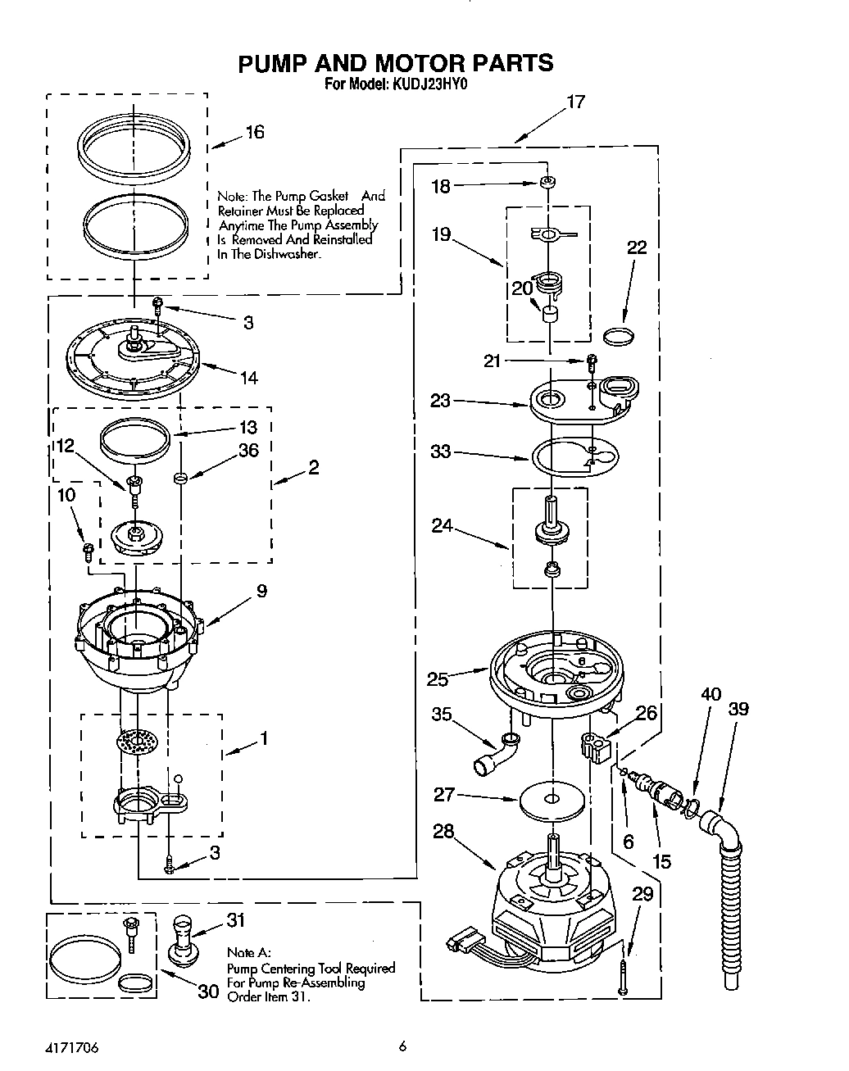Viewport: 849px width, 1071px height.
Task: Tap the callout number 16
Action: [255, 132]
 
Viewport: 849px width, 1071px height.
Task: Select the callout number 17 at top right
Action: [575, 102]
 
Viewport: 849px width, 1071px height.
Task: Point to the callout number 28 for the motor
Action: [443, 833]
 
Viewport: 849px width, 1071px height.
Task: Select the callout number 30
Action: [208, 992]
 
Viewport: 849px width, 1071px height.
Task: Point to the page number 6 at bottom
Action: [402, 1045]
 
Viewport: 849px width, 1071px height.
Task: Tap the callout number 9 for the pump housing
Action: [261, 591]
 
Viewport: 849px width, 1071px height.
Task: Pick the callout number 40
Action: [711, 694]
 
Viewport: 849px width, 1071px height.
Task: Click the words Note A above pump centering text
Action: [247, 954]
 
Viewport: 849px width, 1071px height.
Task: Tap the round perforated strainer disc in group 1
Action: [136, 742]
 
